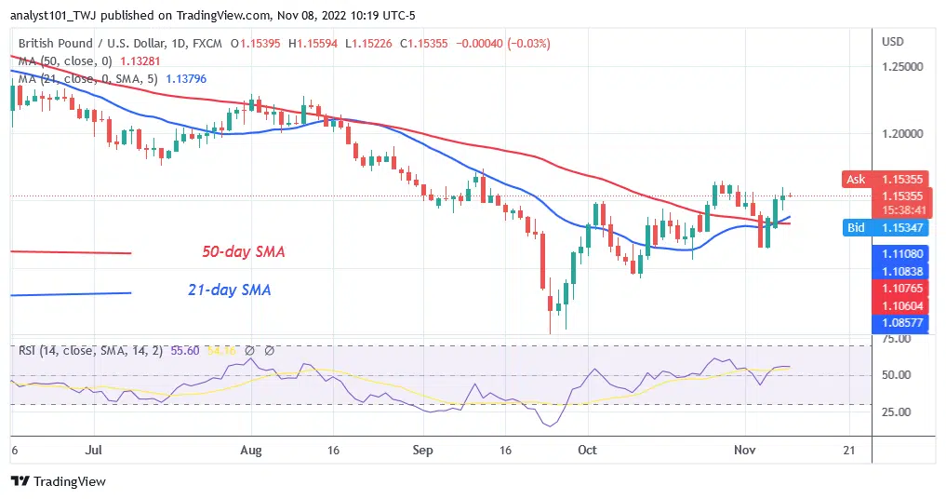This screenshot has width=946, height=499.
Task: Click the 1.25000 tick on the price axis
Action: coord(901,68)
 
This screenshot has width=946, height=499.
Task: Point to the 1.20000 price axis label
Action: coord(901,134)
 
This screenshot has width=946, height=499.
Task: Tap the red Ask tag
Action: coord(856,180)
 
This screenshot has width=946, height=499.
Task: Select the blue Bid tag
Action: coord(856,226)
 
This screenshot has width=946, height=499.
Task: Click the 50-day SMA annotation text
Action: coord(244,251)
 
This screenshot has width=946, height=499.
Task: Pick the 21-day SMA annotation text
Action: coord(239,290)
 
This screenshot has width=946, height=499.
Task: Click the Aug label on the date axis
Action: coord(251,450)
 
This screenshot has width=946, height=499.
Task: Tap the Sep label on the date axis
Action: coord(422,450)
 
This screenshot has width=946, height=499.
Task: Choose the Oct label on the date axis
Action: coord(587,450)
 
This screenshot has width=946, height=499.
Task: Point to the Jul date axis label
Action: coord(93,450)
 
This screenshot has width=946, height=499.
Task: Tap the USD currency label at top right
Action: coord(893,42)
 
